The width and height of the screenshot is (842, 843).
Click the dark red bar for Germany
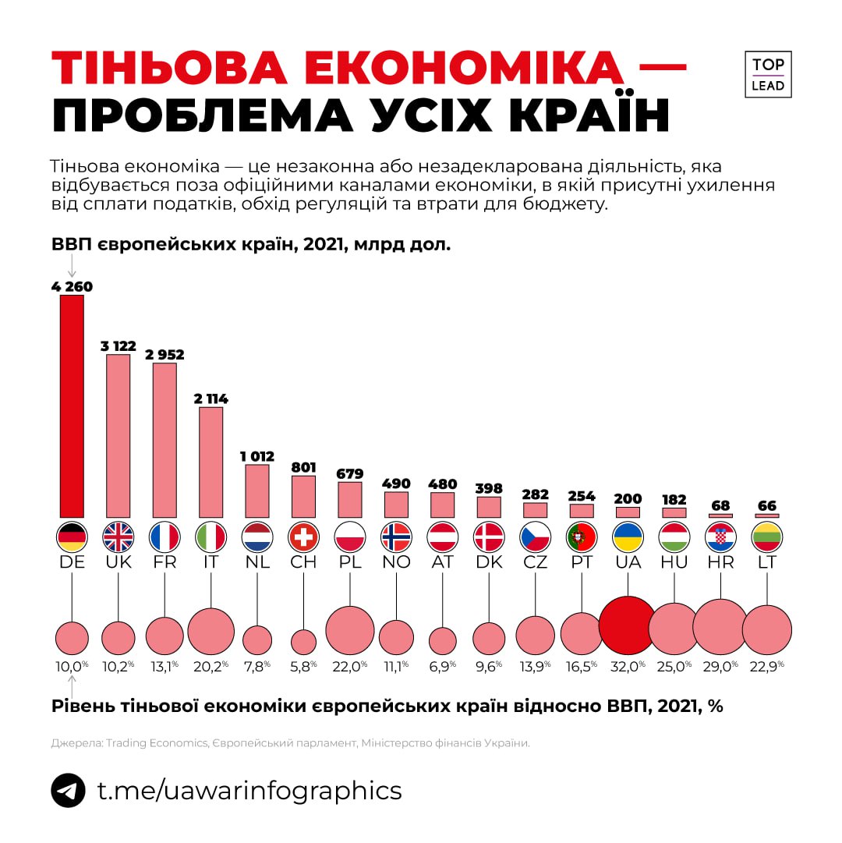coord(72,406)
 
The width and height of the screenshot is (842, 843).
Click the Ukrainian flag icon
coord(628,537)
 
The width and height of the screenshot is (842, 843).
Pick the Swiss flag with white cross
coord(303,537)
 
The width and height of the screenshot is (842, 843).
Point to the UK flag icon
coord(118,537)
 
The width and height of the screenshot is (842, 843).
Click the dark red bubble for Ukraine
coord(628,625)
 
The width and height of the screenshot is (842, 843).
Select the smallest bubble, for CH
coord(303,641)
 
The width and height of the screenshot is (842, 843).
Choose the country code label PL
coord(349,562)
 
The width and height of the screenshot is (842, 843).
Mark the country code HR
coord(720,562)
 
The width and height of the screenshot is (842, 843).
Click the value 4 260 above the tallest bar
coord(72,286)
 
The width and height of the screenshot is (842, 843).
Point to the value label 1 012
coord(256,455)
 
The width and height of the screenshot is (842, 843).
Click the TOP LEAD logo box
coord(768,75)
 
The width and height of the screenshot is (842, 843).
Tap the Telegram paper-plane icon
coord(69,790)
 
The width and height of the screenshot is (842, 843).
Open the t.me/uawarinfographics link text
coord(249,790)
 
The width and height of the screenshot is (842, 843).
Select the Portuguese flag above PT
coord(582,537)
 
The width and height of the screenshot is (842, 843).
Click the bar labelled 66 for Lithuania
coord(767,516)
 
